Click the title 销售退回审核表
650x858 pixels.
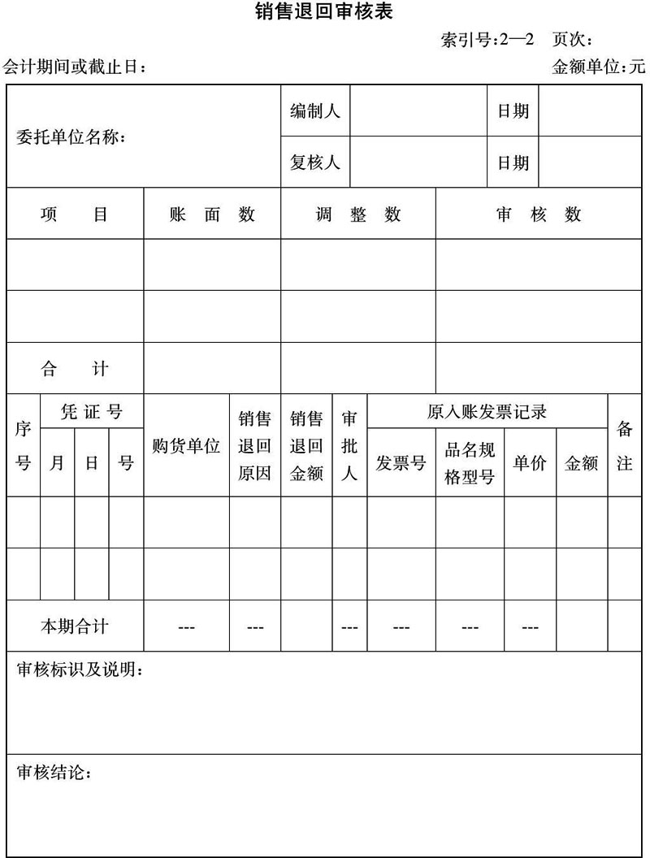324,13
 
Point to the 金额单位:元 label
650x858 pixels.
599,67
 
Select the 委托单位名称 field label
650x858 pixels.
71,137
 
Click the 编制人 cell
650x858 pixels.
315,111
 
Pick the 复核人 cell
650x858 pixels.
315,162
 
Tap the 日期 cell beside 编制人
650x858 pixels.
513,111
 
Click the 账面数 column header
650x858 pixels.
212,214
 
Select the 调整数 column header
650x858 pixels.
358,214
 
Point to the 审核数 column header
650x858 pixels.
539,214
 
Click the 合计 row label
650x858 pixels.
75,369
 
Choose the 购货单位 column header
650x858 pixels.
186,446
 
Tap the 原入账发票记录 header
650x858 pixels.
487,412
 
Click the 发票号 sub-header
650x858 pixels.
401,463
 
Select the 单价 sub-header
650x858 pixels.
530,463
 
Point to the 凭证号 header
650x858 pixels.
92,412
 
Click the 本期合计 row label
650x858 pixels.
75,626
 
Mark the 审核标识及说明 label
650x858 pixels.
80,670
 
